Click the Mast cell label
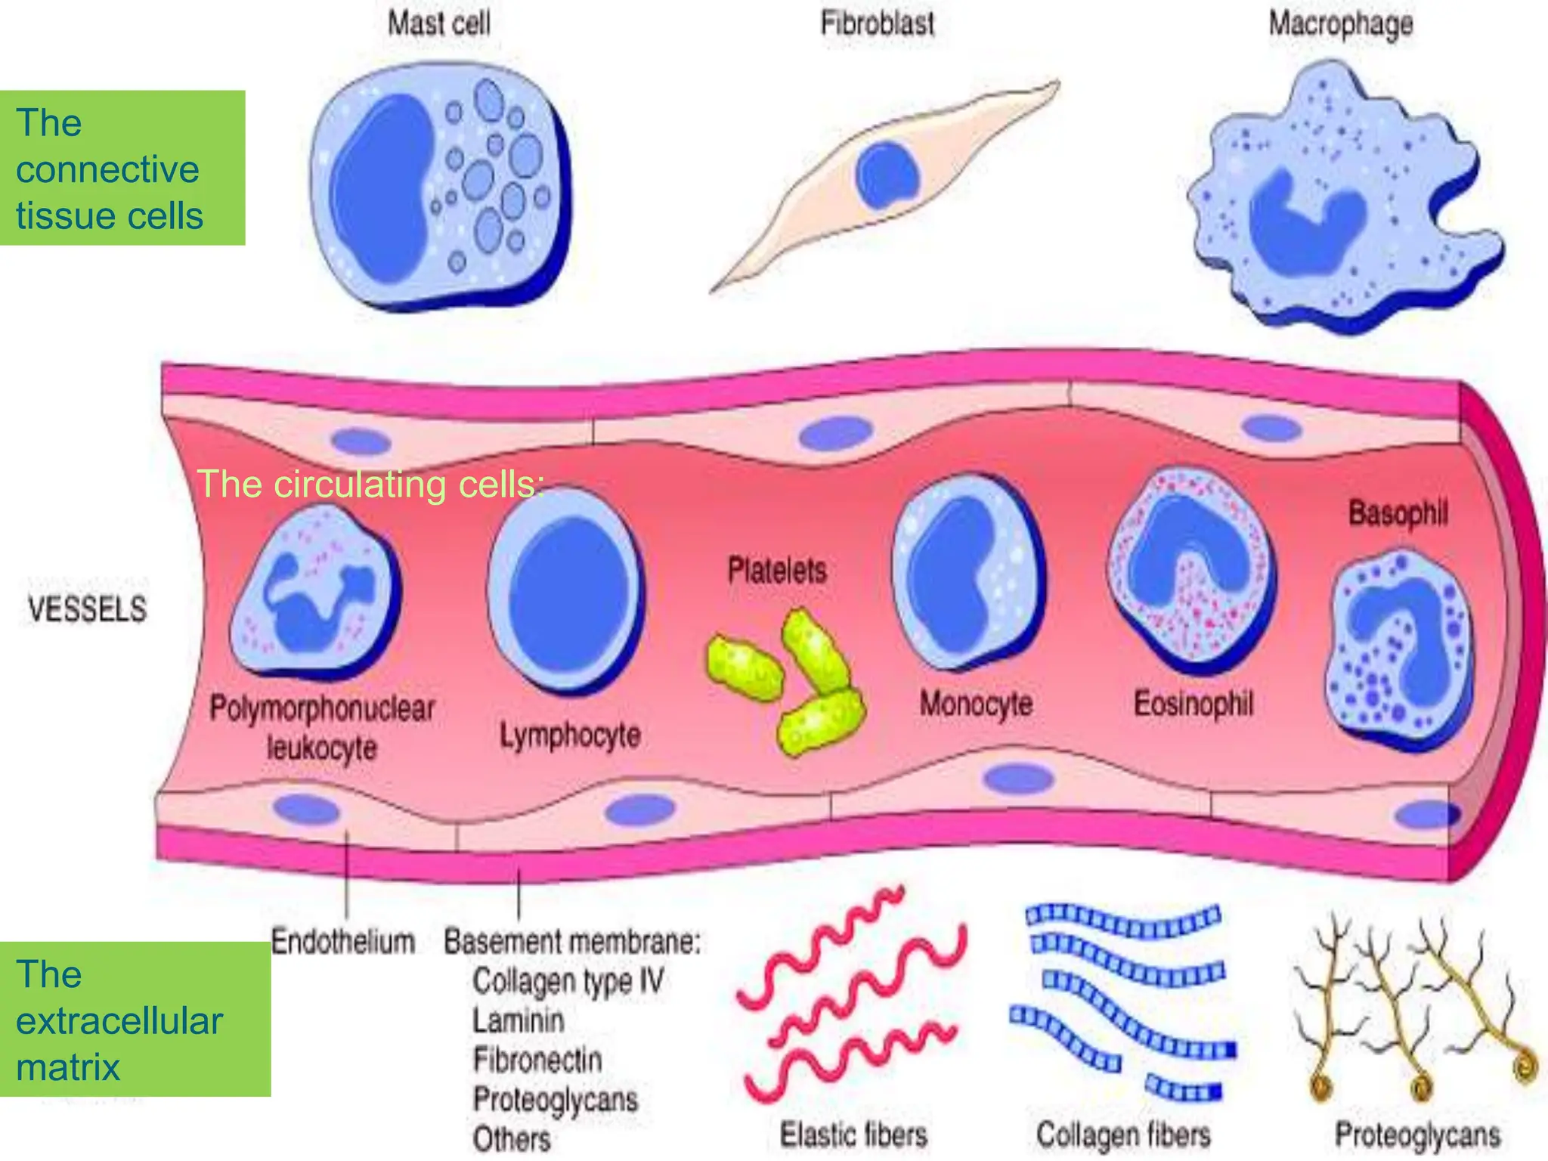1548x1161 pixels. point(439,23)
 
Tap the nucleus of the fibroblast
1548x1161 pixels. point(887,175)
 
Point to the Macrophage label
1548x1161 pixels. point(1340,23)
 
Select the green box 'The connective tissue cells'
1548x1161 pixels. point(122,168)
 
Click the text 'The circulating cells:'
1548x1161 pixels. point(370,484)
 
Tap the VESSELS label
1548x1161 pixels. point(88,609)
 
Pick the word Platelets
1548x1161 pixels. point(777,570)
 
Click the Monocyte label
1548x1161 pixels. point(976,704)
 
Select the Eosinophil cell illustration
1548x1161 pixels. point(1192,571)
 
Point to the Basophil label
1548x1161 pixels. point(1398,513)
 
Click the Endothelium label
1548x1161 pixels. point(343,942)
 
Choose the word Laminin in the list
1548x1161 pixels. point(519,1020)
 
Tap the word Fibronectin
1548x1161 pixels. point(537,1060)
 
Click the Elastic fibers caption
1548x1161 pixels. point(853,1135)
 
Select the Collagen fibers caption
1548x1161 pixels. point(1123,1135)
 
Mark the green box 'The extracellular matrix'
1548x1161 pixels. point(135,1020)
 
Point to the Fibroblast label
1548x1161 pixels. point(878,23)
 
